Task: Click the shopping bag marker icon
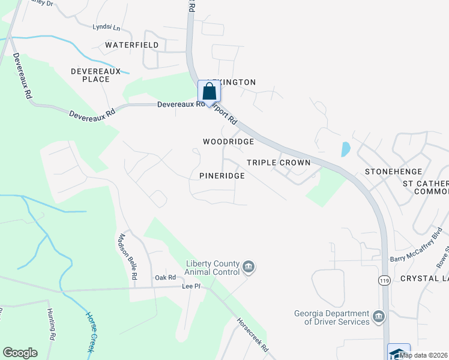[x=209, y=91]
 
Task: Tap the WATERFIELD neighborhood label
[x=132, y=45]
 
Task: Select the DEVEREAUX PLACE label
[x=90, y=75]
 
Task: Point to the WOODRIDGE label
[x=228, y=142]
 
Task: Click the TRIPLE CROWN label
[x=279, y=163]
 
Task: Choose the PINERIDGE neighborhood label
[x=222, y=176]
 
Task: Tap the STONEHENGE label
[x=393, y=172]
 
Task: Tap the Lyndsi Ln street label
[x=106, y=27]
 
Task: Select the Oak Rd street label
[x=165, y=277]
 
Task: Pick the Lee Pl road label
[x=191, y=287]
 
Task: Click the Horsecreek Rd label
[x=252, y=335]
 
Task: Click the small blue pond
[x=346, y=149]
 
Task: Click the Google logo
[x=20, y=353]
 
